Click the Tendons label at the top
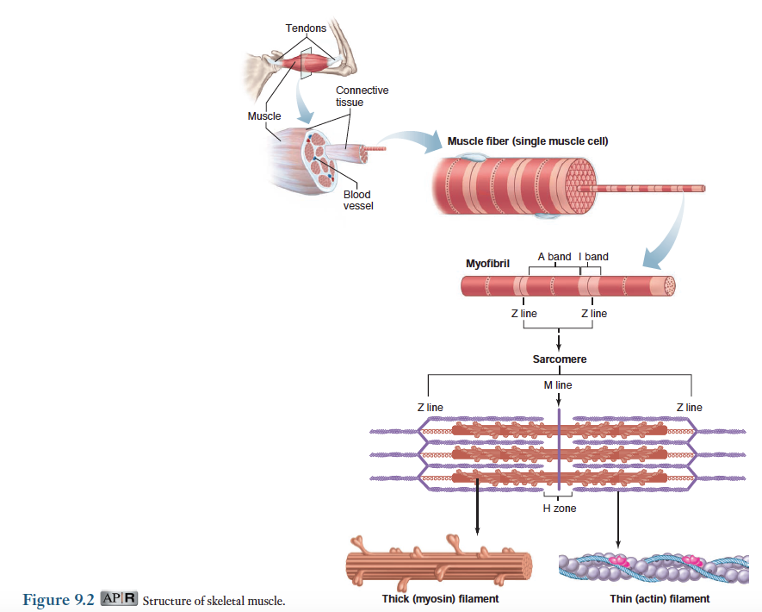tap(306, 28)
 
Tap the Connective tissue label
tap(362, 96)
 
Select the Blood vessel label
tap(357, 200)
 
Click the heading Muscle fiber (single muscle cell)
tap(528, 141)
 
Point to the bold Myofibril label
tap(488, 262)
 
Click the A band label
tap(554, 257)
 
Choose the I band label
tap(594, 257)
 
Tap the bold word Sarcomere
tap(560, 359)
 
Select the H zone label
tap(559, 509)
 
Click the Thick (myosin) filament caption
tap(440, 598)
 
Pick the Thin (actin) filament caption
tap(660, 598)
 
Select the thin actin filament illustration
tap(660, 568)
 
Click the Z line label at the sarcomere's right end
tap(689, 407)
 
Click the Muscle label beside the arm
tap(264, 116)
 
